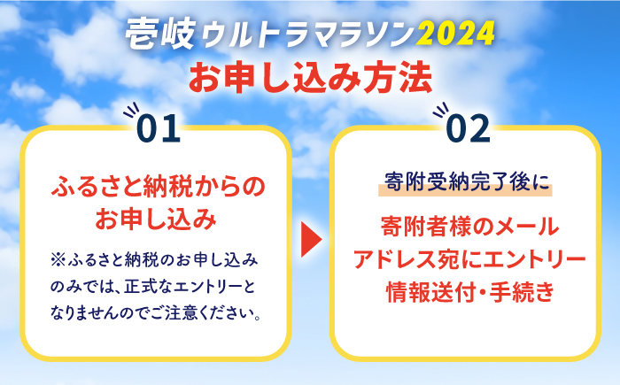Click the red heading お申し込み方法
[x=310, y=76]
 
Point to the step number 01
[x=159, y=129]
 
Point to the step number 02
[x=468, y=129]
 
